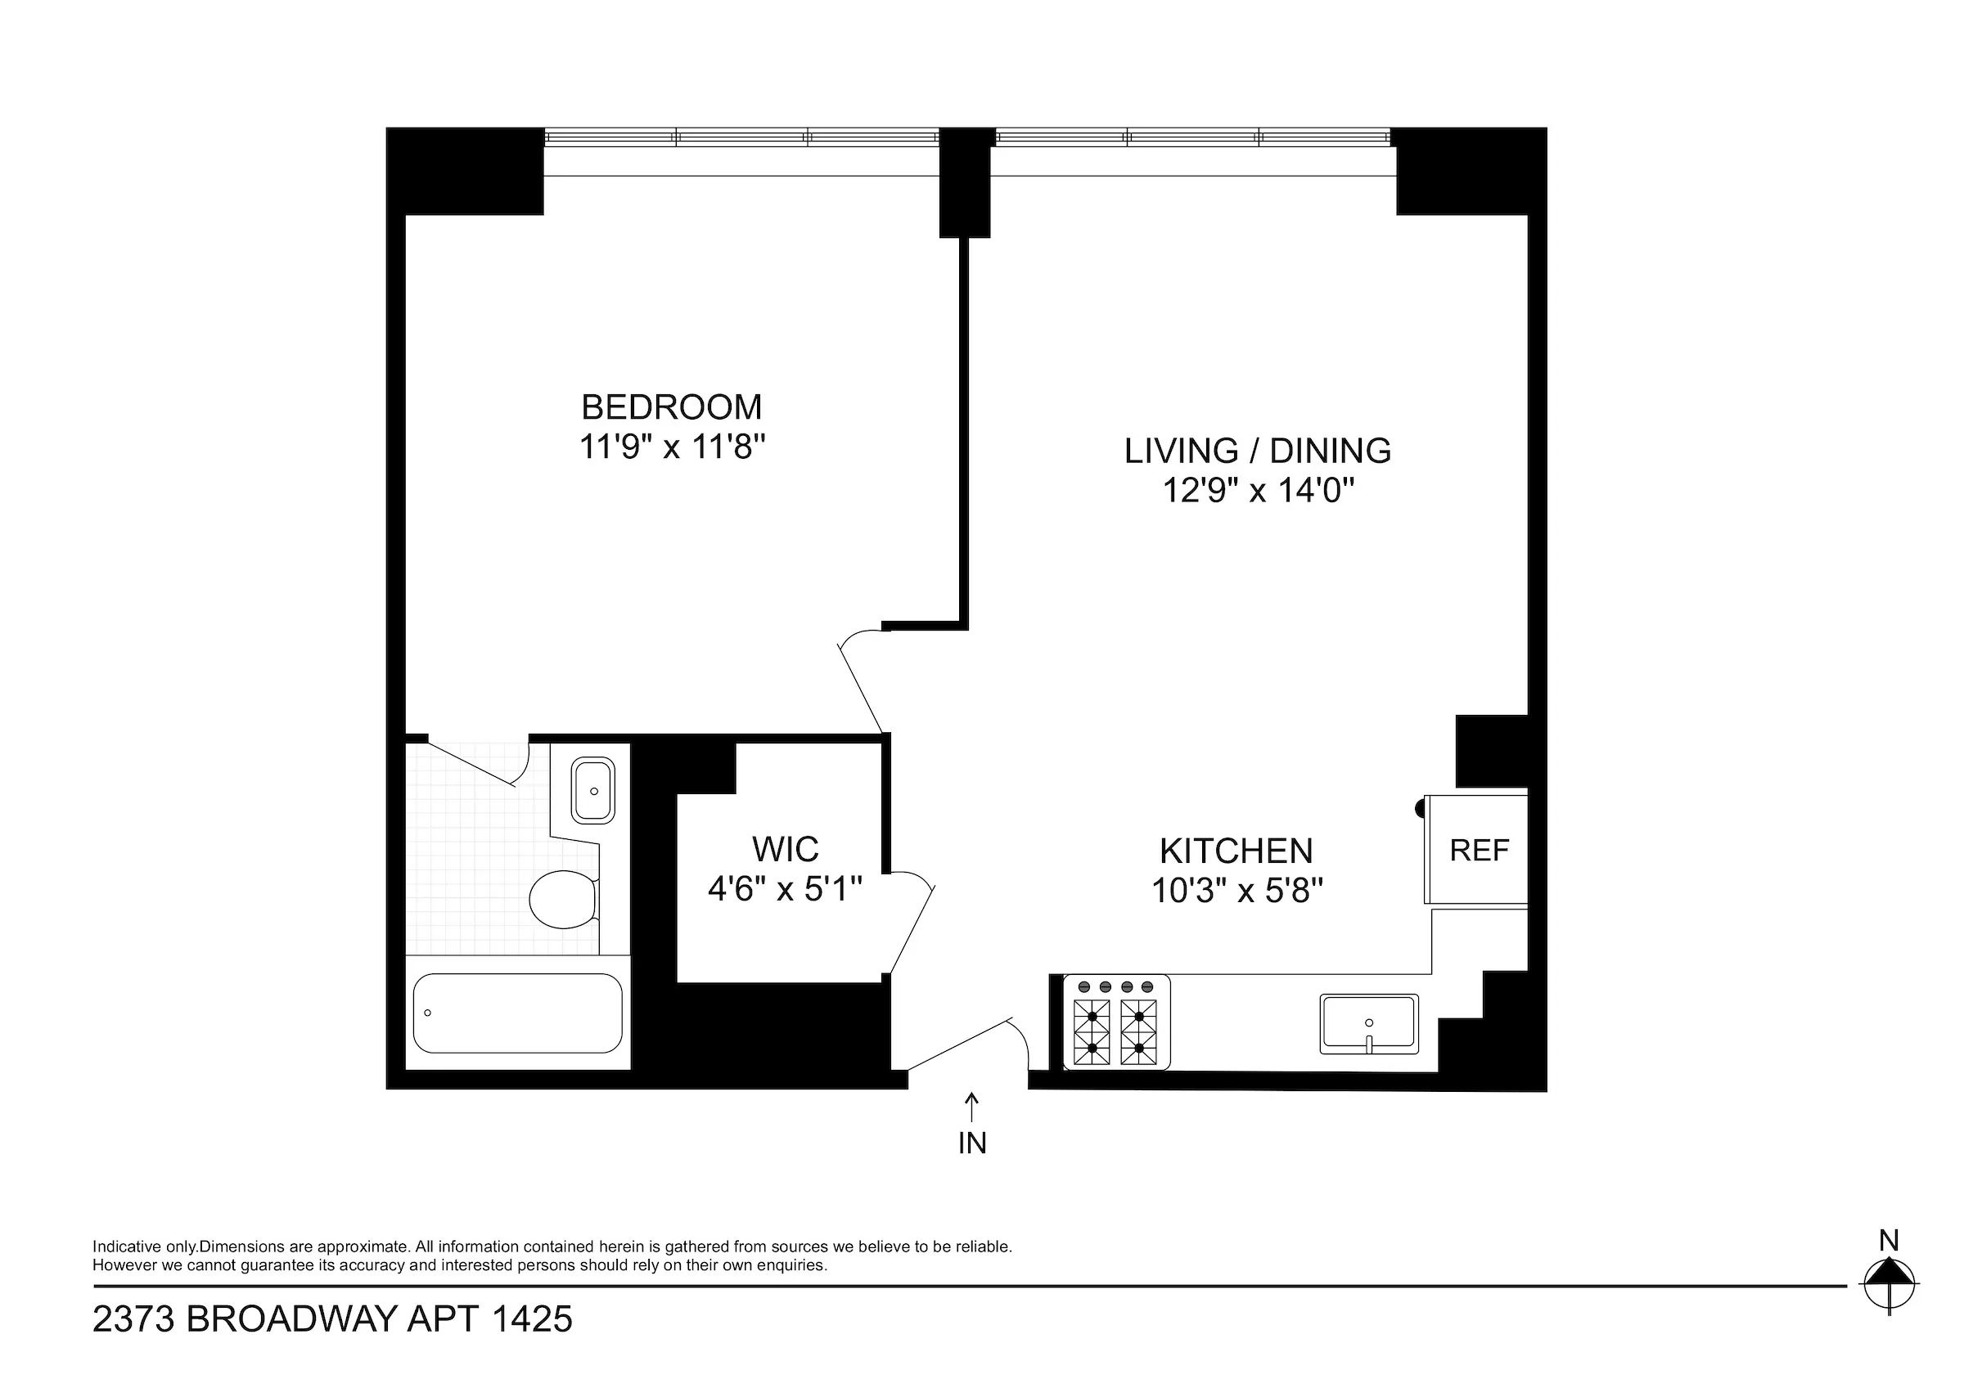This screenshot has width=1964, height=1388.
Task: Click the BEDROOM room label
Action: tap(672, 407)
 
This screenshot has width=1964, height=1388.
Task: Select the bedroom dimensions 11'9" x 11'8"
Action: tap(672, 447)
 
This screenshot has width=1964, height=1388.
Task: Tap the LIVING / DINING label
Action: tap(1257, 451)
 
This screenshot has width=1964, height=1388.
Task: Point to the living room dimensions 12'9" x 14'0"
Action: tap(1257, 491)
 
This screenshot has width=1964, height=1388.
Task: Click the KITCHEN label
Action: tap(1236, 851)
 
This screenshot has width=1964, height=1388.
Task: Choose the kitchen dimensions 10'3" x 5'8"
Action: tap(1236, 892)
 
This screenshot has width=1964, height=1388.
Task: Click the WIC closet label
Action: tap(786, 849)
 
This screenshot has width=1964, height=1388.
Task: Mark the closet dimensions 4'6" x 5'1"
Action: tap(785, 889)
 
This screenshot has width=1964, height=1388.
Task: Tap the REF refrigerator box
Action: tap(1478, 850)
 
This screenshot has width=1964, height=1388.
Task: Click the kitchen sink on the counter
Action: tap(1368, 1023)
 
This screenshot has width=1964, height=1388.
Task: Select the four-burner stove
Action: tap(1116, 1023)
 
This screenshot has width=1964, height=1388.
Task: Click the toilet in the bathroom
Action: tap(562, 899)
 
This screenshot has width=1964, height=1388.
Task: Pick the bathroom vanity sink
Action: tap(592, 790)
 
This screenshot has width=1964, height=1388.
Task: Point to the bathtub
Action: tap(517, 1013)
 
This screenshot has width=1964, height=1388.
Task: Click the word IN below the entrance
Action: tap(971, 1143)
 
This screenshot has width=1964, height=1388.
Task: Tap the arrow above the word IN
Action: tap(971, 1107)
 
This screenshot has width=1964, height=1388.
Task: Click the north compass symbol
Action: tap(1889, 1283)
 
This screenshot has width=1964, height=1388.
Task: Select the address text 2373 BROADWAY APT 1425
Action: tap(332, 1318)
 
